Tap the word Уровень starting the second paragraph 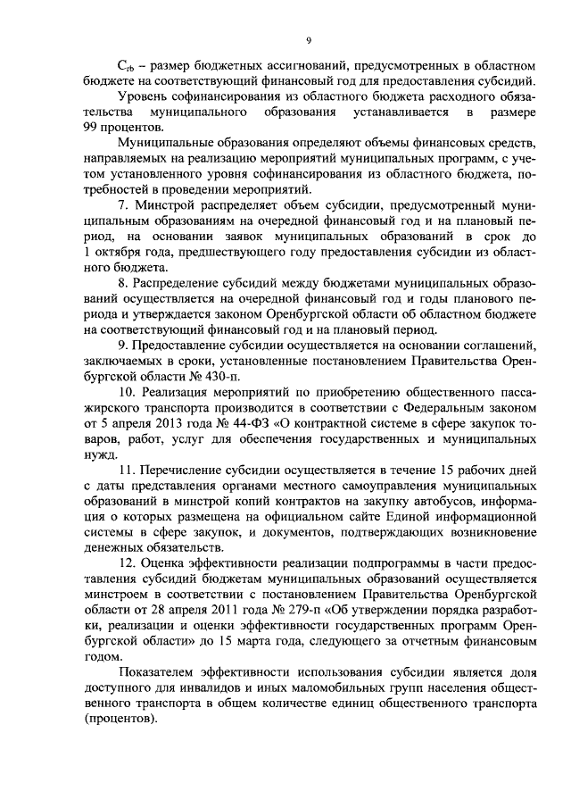coord(143,97)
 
